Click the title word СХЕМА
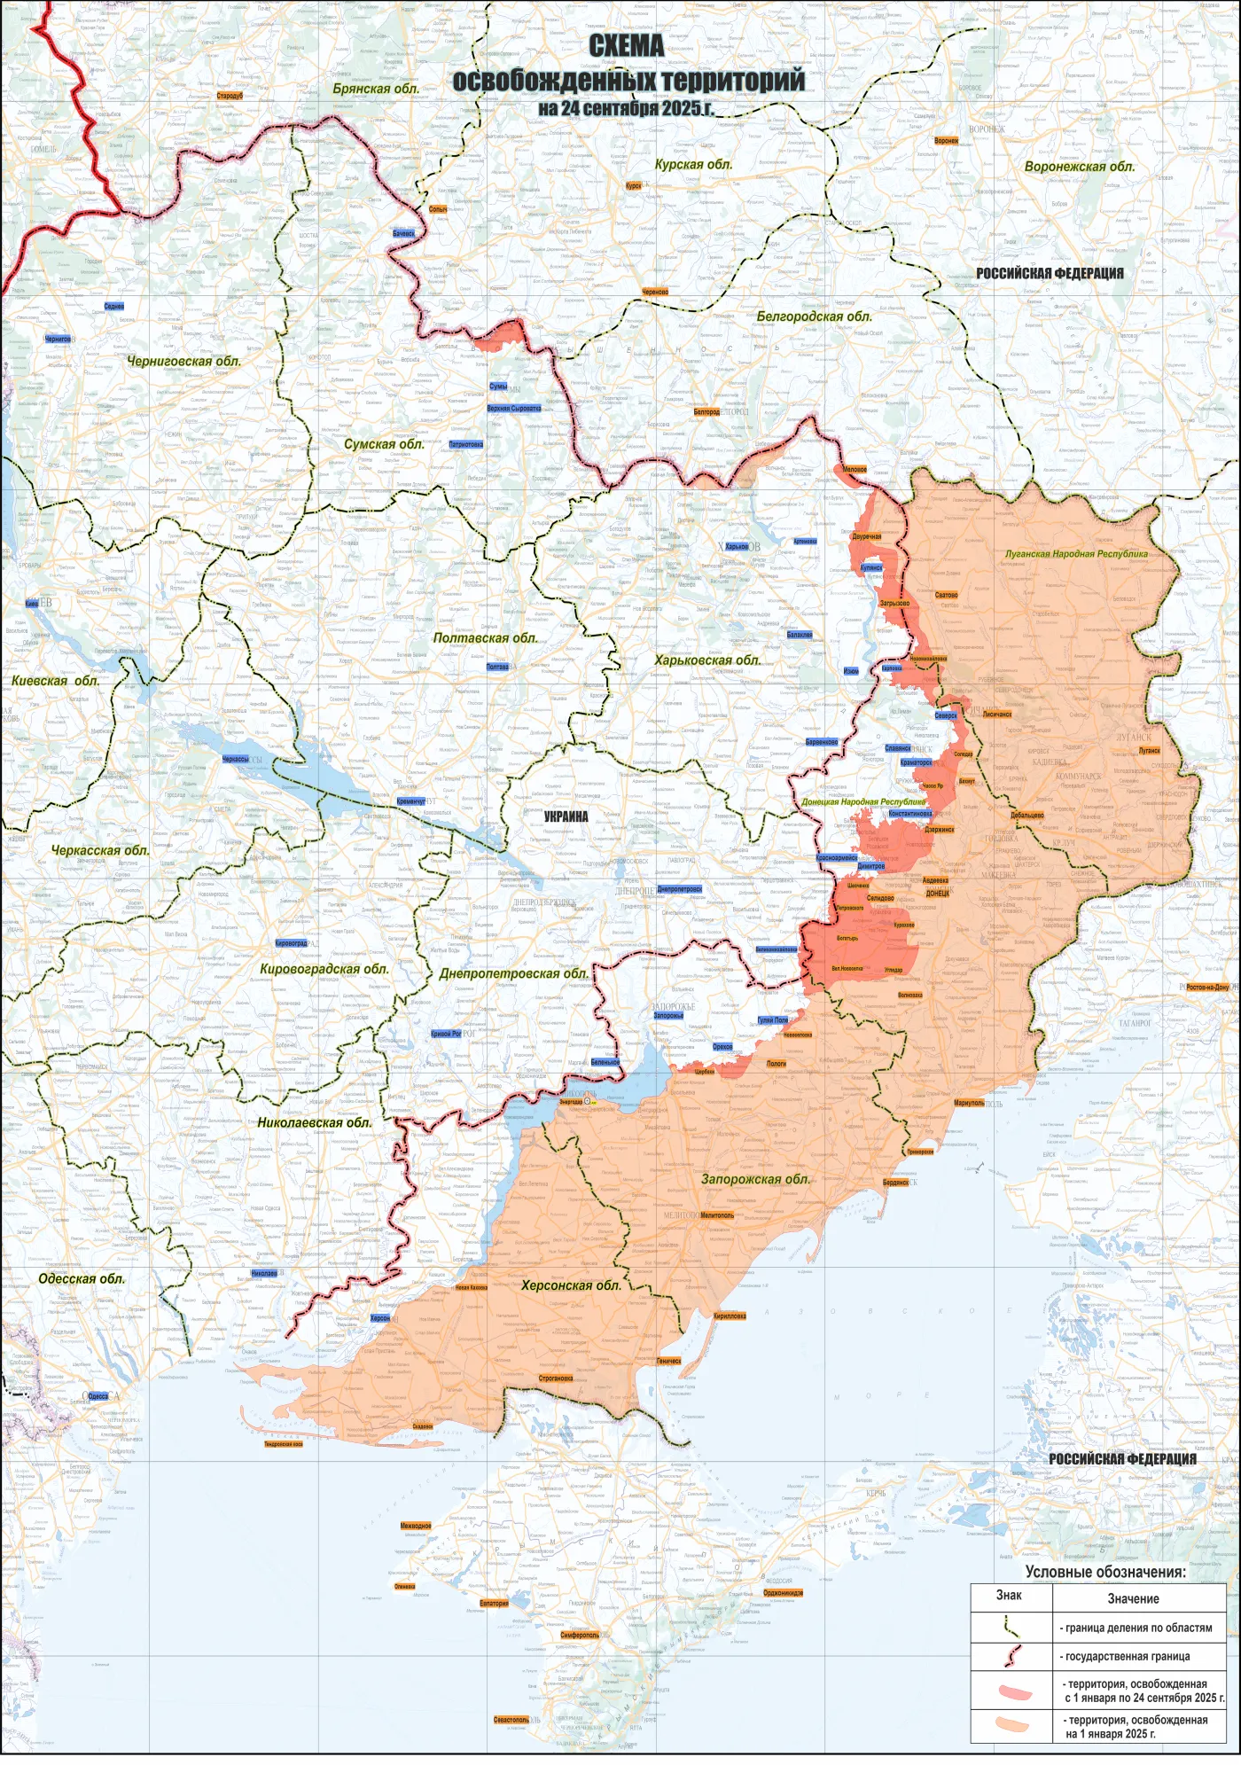coord(626,46)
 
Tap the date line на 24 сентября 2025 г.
coord(626,108)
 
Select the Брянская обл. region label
coord(376,89)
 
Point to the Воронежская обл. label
coord(1079,167)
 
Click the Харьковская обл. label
coord(707,660)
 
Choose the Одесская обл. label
coord(82,1278)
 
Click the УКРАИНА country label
coord(566,816)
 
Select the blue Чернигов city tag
coord(58,339)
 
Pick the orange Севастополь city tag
coord(511,1720)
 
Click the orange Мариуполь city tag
coord(969,1103)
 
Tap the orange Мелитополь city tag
coord(716,1215)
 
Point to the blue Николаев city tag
coord(264,1273)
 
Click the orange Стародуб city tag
coord(229,96)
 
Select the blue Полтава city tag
coord(497,667)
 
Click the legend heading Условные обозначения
coord(1104,1572)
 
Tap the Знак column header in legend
coord(1009,1596)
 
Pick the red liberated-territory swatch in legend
coord(1013,1691)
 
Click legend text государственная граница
coord(1137,1656)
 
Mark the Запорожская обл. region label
coord(755,1179)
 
